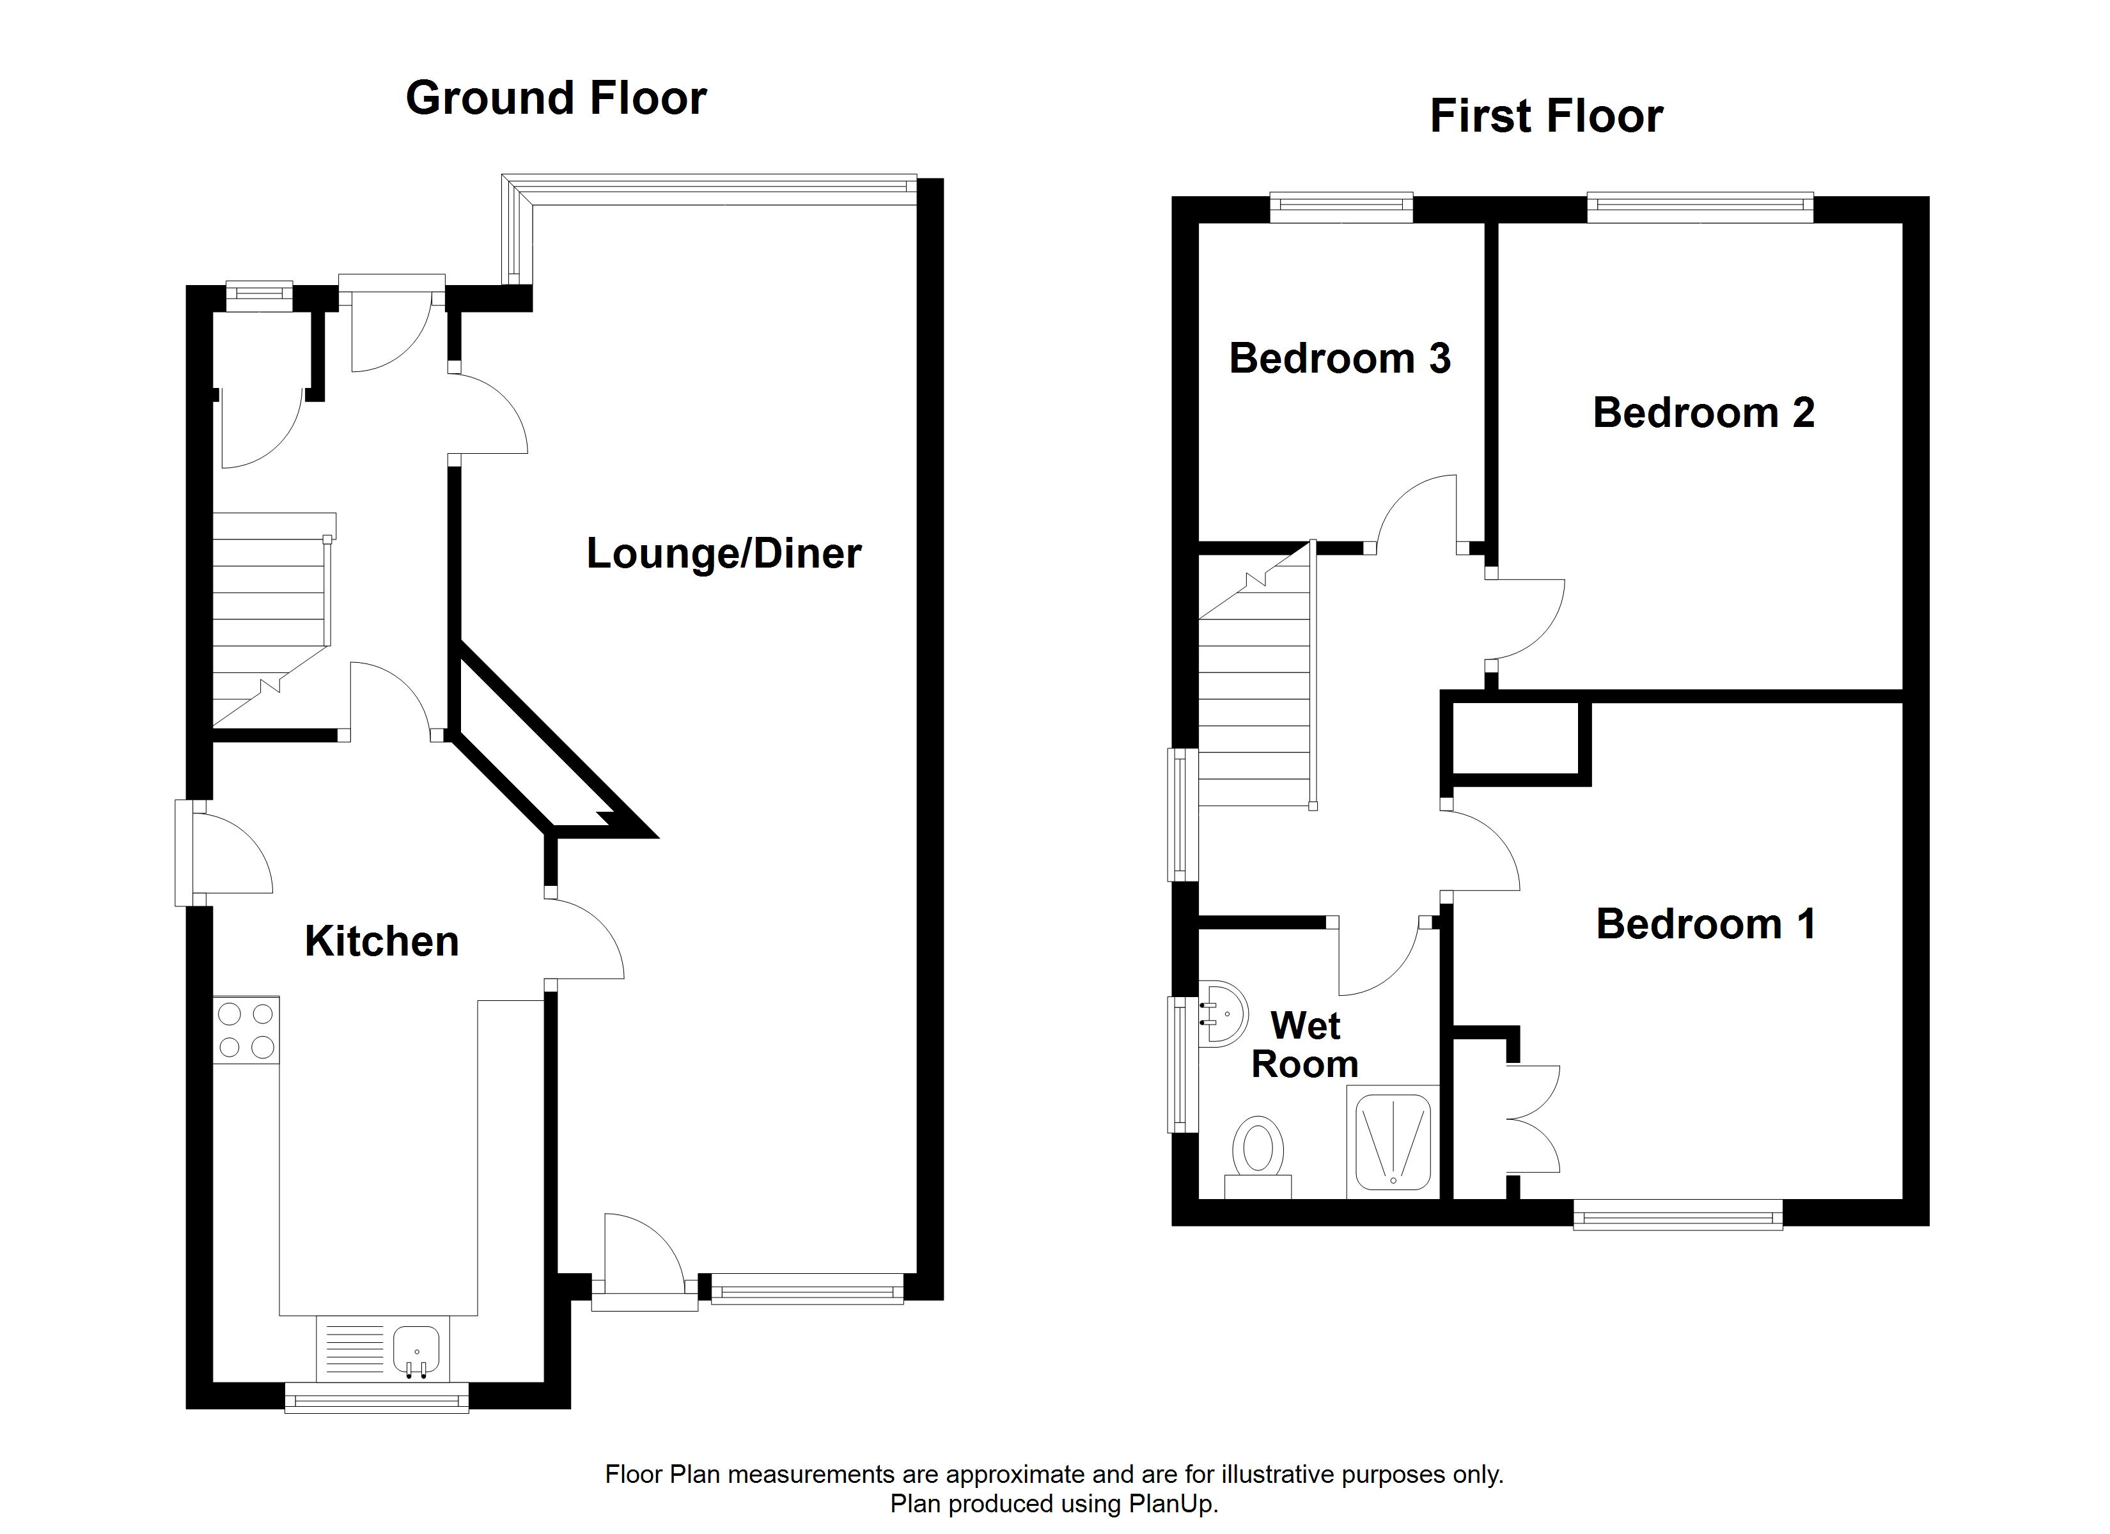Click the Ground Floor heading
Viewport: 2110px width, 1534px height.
556,98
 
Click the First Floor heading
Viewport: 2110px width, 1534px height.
1545,117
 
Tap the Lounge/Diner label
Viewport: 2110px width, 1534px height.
723,554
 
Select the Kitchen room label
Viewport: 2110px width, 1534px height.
382,941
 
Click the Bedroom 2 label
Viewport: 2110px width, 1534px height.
1703,413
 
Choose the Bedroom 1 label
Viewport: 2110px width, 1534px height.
1705,925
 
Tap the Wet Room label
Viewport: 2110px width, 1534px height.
1304,1044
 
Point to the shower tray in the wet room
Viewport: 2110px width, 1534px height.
1393,1142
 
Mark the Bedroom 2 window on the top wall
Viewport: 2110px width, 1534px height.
1700,208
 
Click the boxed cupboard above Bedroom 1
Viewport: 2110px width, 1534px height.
1515,739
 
